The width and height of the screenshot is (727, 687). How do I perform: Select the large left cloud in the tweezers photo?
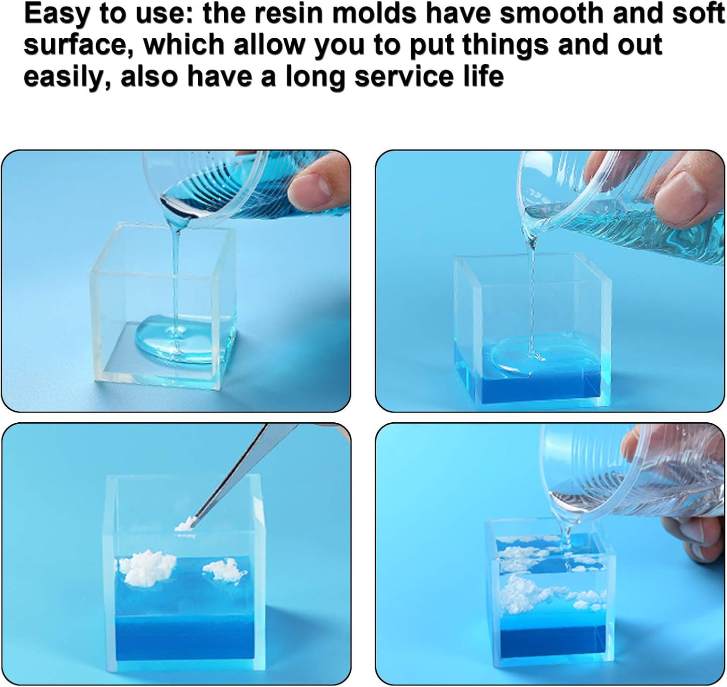[x=146, y=567]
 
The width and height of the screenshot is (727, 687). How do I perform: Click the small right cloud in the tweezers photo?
[x=224, y=571]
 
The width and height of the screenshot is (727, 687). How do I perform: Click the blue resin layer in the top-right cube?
[x=527, y=373]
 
